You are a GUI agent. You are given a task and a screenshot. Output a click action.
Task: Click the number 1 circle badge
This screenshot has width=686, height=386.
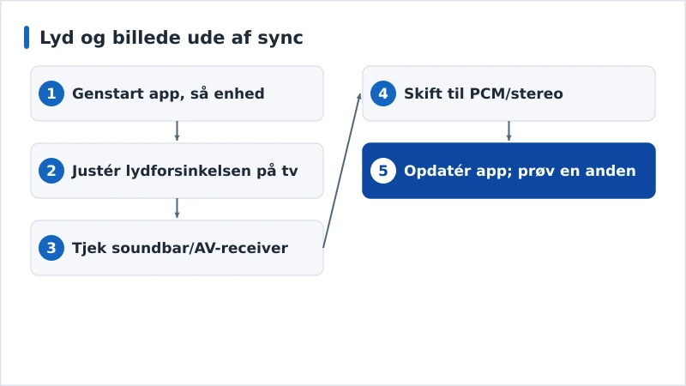pyautogui.click(x=51, y=93)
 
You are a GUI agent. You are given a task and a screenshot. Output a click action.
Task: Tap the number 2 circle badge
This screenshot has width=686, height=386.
pyautogui.click(x=51, y=171)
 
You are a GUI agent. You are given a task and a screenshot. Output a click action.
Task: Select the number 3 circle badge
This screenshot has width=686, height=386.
pyautogui.click(x=51, y=248)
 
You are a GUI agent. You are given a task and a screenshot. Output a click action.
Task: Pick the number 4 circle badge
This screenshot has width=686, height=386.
pyautogui.click(x=382, y=93)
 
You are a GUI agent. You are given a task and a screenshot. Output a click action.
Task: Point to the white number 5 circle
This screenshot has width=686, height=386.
pyautogui.click(x=382, y=171)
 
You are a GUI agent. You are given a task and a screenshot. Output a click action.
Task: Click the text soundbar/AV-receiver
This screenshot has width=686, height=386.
pyautogui.click(x=200, y=248)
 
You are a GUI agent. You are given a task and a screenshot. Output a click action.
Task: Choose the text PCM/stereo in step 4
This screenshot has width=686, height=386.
pyautogui.click(x=516, y=93)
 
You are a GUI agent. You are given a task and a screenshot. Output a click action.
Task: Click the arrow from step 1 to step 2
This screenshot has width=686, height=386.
pyautogui.click(x=177, y=131)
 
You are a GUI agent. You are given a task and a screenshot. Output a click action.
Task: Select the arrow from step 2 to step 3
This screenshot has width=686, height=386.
pyautogui.click(x=177, y=208)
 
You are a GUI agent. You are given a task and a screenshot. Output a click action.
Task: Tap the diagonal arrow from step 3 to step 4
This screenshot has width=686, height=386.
pyautogui.click(x=342, y=171)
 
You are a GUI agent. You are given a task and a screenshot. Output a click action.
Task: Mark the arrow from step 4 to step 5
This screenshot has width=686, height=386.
pyautogui.click(x=508, y=131)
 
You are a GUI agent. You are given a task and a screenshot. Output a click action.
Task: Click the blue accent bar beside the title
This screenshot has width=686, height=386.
pyautogui.click(x=27, y=37)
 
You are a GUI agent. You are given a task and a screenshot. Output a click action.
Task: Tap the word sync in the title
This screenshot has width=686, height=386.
pyautogui.click(x=280, y=39)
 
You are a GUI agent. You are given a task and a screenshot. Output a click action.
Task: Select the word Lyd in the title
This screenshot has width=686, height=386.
pyautogui.click(x=57, y=38)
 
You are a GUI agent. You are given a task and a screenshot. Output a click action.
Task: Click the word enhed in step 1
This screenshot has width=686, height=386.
pyautogui.click(x=239, y=93)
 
